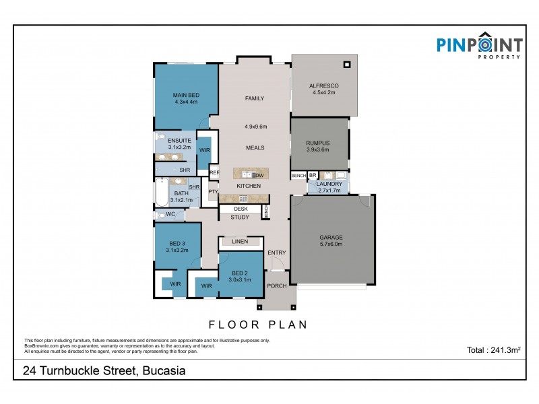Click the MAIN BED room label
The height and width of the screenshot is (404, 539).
[x=185, y=94]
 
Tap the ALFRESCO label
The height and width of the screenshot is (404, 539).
[x=323, y=86]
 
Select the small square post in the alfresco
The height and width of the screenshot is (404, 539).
[x=348, y=65]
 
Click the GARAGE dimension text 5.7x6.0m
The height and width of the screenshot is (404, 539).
[x=331, y=244]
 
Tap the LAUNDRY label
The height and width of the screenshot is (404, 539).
[x=329, y=184]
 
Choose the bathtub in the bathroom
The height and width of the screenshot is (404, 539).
[x=162, y=193]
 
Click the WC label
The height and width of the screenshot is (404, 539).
[x=170, y=215]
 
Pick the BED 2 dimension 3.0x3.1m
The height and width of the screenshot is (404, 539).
[x=239, y=279]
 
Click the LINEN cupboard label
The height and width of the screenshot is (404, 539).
[x=240, y=241]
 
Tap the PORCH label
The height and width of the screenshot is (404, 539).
[x=278, y=285]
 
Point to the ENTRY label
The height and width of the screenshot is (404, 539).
[x=276, y=253]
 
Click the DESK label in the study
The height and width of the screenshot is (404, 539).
[x=241, y=209]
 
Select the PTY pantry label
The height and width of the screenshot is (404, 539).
[x=213, y=192]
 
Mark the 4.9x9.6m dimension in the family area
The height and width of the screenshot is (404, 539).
[x=255, y=127]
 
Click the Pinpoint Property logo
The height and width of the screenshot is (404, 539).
[x=479, y=46]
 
